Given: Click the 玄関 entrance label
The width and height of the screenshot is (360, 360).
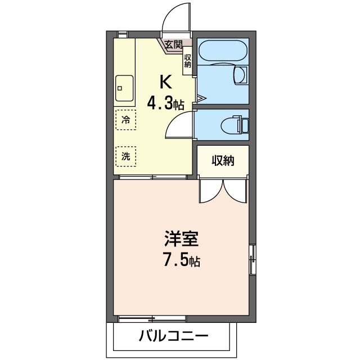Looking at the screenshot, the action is pos(174,45).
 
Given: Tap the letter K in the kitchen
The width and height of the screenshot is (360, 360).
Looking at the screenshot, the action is pos(166,82).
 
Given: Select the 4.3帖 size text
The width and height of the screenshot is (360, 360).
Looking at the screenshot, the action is pos(165,103).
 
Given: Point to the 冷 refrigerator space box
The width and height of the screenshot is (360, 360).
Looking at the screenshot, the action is pos(126,120).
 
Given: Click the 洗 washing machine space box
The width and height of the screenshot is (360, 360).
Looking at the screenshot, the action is pos(126,156).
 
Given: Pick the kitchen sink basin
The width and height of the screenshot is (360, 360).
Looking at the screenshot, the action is pos(124,88).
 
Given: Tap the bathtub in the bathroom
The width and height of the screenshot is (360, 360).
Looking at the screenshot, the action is pos(223,51).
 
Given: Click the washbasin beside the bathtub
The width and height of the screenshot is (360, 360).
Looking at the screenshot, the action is pos(240,74).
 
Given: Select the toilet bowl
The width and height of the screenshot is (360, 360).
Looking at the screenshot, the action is pos(235,125).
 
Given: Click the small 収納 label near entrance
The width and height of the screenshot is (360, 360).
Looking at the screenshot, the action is pos(187,61).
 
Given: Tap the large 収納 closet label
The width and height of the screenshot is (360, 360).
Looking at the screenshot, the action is pos(223,160).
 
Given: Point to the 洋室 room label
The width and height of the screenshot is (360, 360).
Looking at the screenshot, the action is pos(181,238).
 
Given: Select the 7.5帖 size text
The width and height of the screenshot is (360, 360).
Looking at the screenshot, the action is pos(181,259).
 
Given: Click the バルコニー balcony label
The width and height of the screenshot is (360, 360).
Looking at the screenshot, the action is pos(173,336).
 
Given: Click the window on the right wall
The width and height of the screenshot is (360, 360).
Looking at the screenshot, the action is pos(253,259).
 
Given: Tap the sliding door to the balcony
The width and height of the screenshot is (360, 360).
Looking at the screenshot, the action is pos(152,319).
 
